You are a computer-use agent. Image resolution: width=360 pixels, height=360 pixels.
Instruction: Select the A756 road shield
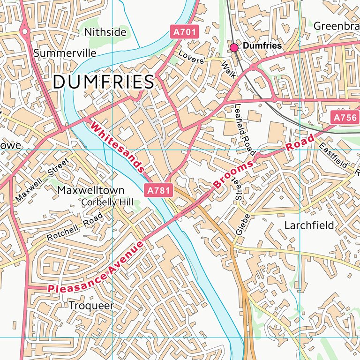point(345,118)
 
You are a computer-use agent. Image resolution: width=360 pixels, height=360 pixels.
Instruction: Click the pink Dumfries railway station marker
point(234,46)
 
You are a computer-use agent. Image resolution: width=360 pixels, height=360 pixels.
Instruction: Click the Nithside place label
point(105,32)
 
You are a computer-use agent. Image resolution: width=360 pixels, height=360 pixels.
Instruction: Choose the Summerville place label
point(65,53)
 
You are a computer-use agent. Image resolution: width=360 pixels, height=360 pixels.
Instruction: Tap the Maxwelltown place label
point(90,190)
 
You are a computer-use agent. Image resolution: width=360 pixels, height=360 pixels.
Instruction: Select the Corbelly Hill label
point(107,202)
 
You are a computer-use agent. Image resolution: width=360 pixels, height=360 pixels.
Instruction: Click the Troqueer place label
point(91,306)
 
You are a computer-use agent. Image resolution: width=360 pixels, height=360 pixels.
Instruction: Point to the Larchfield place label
point(309,225)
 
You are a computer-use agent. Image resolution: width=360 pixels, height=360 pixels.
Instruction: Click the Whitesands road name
point(117,146)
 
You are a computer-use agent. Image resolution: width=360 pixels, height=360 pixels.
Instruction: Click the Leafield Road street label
point(244,129)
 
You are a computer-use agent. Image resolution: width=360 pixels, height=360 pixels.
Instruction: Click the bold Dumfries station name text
point(263,46)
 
